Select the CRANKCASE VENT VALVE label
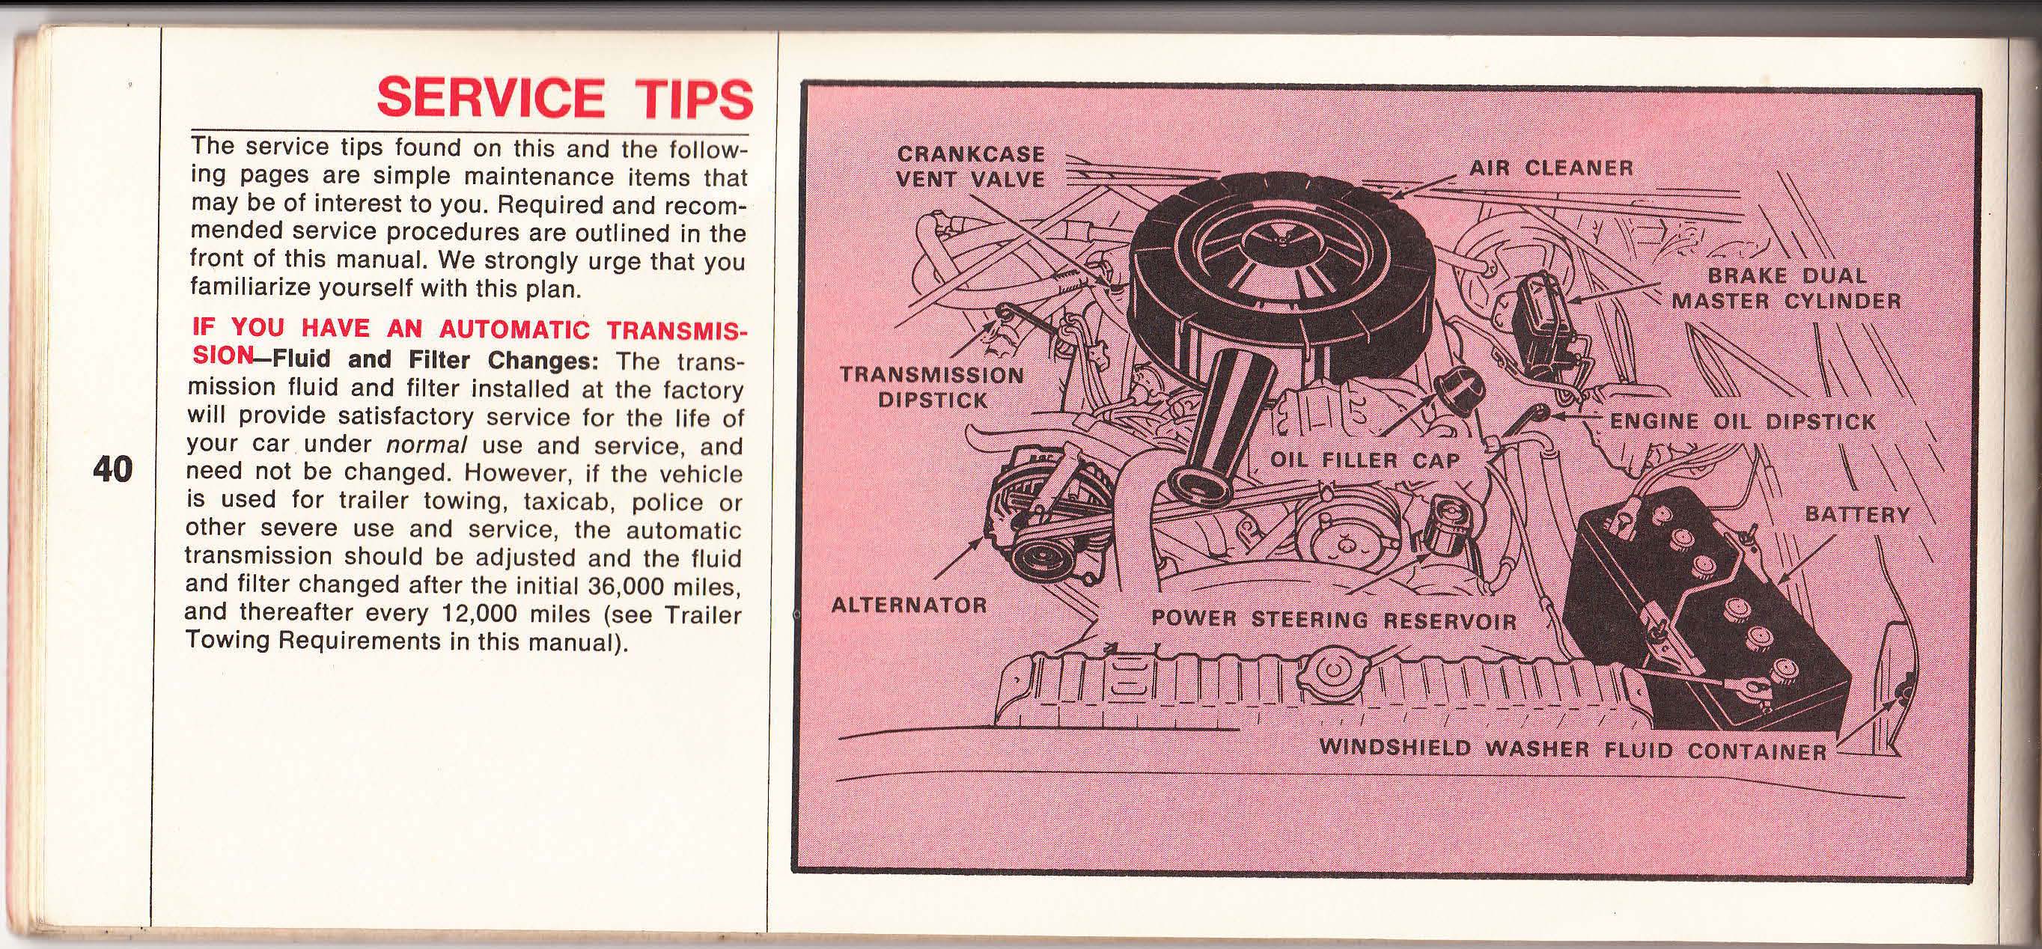(970, 165)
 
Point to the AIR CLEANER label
(1551, 168)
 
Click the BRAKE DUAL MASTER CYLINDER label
(1786, 288)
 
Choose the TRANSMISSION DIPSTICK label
(932, 387)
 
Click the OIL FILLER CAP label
(1365, 460)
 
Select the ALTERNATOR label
(909, 605)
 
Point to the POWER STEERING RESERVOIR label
(1332, 619)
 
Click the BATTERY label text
(1857, 514)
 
